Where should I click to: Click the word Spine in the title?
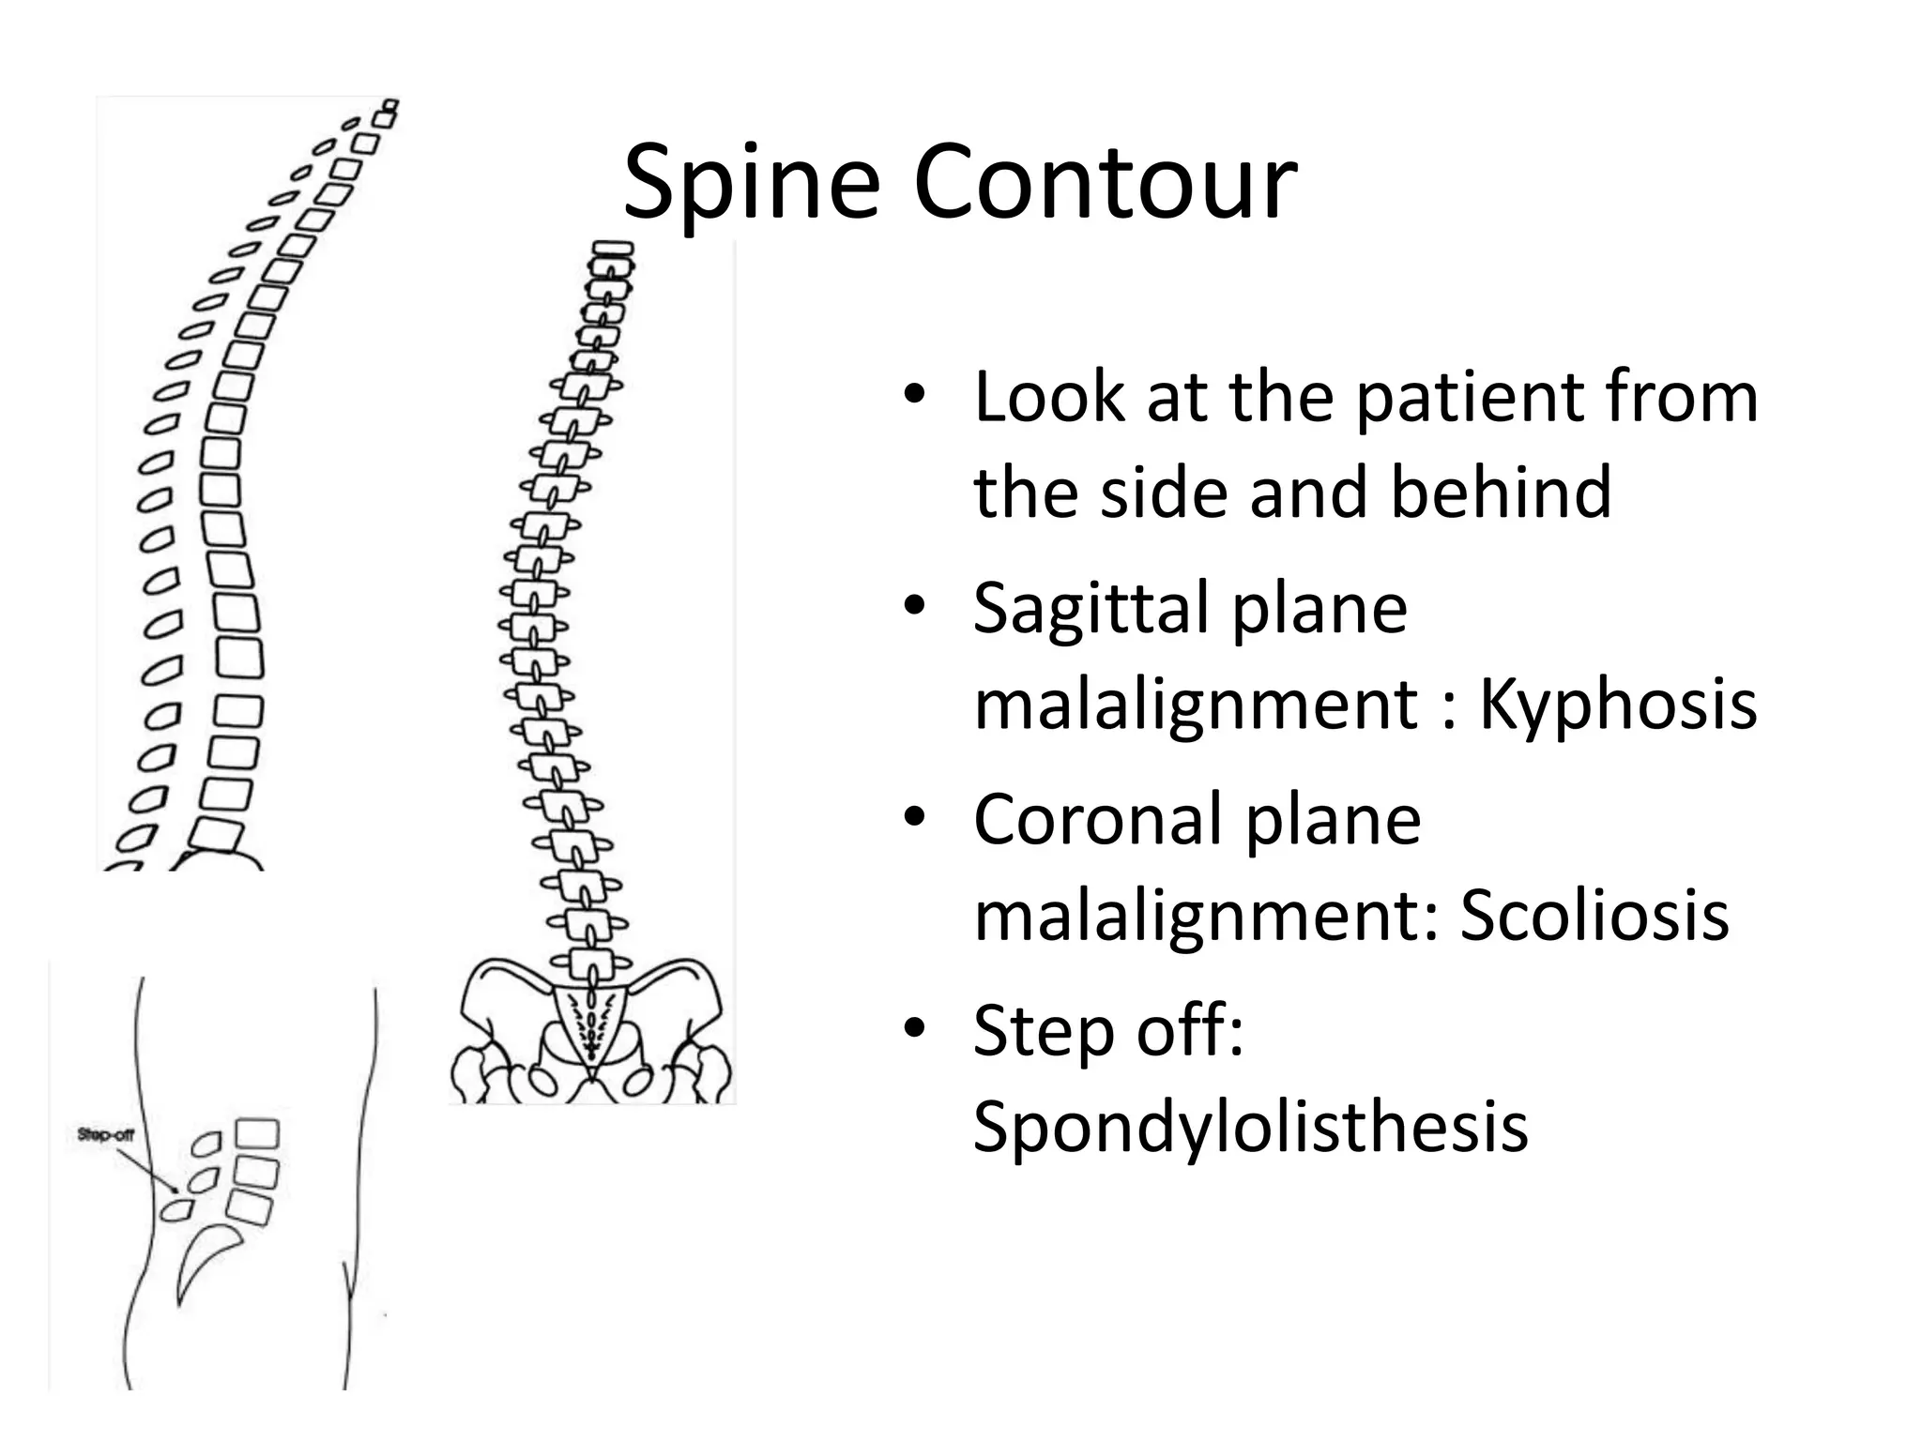751,184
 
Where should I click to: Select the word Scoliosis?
1594,915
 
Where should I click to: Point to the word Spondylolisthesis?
1250,1126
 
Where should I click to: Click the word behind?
1500,492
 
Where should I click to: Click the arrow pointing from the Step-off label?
145,1165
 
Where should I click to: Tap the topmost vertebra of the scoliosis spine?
610,250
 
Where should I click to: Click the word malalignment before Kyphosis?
1195,705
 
